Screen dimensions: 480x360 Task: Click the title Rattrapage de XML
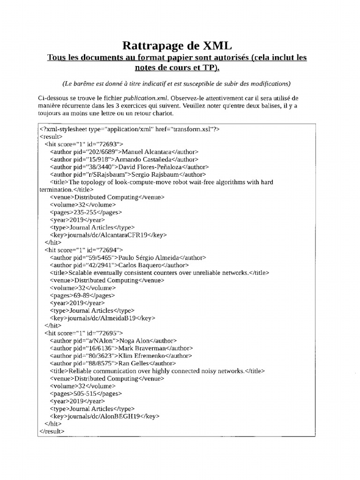177,45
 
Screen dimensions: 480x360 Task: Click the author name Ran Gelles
133,363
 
